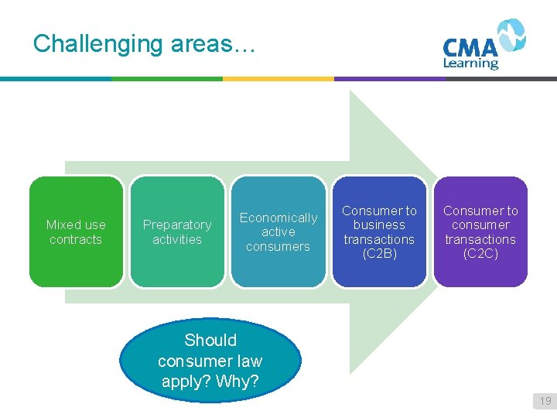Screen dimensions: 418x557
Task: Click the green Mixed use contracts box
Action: click(76, 231)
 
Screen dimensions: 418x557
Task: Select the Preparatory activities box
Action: click(177, 231)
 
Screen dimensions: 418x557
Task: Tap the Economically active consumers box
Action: click(278, 231)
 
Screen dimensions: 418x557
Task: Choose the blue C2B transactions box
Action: click(379, 231)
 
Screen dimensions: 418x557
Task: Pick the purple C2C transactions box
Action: click(480, 231)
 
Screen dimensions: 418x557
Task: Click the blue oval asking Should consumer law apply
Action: click(210, 360)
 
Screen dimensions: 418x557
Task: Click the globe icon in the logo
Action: click(511, 36)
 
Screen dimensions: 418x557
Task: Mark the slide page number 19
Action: click(545, 401)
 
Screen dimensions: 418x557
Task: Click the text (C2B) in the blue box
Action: click(379, 254)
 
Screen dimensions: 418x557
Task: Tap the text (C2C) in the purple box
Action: click(480, 254)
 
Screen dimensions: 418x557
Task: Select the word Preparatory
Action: click(177, 224)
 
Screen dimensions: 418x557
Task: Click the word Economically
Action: click(278, 218)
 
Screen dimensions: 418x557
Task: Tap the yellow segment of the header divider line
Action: click(278, 78)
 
